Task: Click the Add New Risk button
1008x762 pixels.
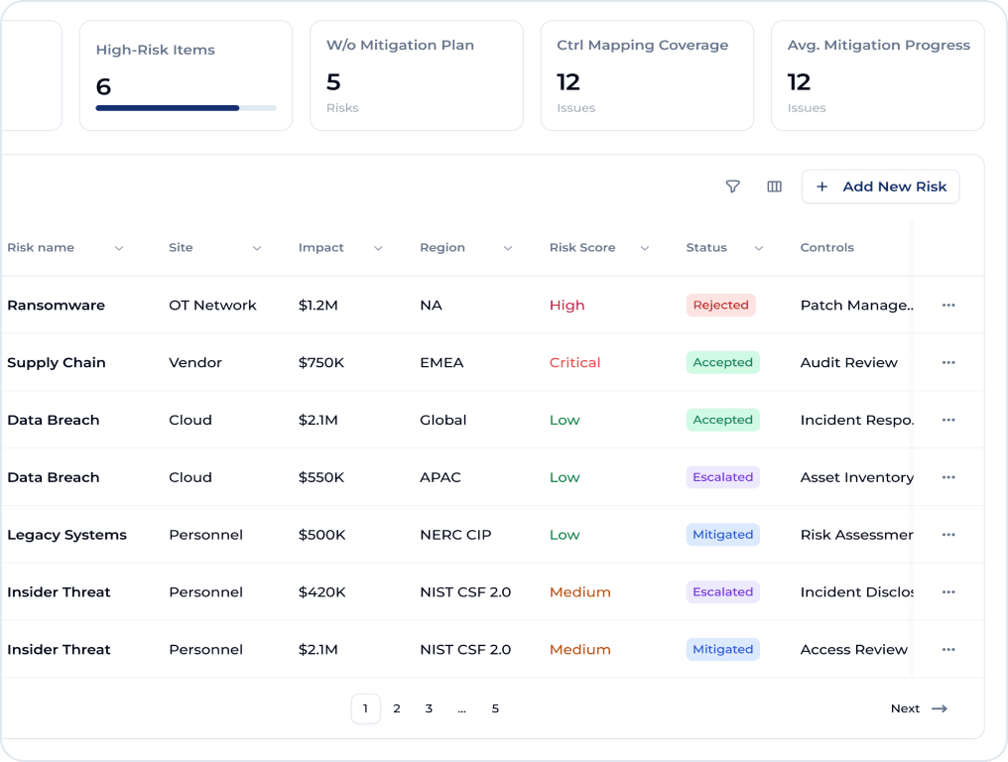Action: tap(880, 187)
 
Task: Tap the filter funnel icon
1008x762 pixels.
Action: tap(733, 187)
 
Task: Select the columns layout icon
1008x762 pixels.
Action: tap(775, 187)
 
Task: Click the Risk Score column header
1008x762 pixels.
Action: tap(582, 248)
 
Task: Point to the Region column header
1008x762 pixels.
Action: tap(442, 248)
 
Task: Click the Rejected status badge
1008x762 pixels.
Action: tap(720, 306)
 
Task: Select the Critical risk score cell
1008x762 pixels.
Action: tap(574, 363)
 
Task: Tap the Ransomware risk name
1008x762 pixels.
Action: tap(56, 306)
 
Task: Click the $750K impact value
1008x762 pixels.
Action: tap(321, 363)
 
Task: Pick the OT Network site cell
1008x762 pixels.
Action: tap(212, 306)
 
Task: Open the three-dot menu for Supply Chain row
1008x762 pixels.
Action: tap(948, 363)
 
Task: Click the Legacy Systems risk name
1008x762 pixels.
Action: tap(66, 535)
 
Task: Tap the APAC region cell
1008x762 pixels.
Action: tap(441, 477)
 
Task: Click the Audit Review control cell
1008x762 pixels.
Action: tap(848, 363)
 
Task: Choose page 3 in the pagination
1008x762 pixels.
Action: tap(429, 708)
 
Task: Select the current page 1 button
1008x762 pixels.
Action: tap(365, 708)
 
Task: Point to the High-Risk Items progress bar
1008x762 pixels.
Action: tap(186, 107)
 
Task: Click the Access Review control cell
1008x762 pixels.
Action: tap(853, 650)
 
